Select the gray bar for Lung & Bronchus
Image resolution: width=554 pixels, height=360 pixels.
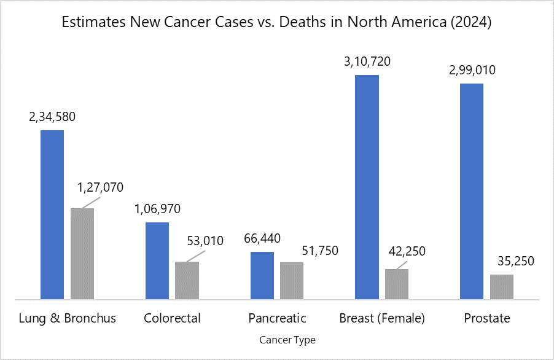click(82, 254)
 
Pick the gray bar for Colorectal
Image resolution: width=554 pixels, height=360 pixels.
click(187, 280)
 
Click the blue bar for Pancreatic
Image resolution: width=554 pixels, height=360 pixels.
click(262, 275)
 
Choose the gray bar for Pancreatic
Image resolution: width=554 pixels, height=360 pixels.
click(292, 281)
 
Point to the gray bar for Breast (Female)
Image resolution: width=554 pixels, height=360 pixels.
click(397, 284)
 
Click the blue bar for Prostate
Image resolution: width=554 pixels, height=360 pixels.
click(472, 191)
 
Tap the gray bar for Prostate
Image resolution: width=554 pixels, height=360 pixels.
click(502, 287)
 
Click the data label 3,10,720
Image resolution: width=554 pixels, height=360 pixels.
click(367, 61)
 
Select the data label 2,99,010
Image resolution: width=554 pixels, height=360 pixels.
click(472, 70)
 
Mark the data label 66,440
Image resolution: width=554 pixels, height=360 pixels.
click(262, 238)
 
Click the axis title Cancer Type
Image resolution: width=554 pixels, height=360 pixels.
click(287, 340)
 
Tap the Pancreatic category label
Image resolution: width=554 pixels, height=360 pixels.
click(277, 318)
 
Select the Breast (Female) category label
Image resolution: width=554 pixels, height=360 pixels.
click(382, 318)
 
